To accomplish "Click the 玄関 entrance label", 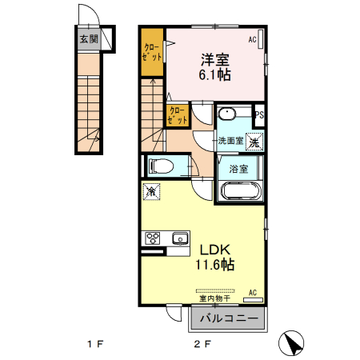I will pos(88,38).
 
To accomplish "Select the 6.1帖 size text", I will pos(214,74).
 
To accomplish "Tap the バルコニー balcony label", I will pos(229,318).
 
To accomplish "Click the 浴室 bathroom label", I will pos(238,169).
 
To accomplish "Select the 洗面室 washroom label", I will pos(232,140).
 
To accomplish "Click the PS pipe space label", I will pos(258,115).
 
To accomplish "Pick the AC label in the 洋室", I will pos(253,39).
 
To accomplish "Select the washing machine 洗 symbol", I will pos(254,142).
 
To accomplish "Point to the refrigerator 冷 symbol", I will pos(150,193).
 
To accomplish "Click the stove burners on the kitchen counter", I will pos(152,238).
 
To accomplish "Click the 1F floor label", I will pos(96,345).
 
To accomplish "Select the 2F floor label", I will pos(201,345).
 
